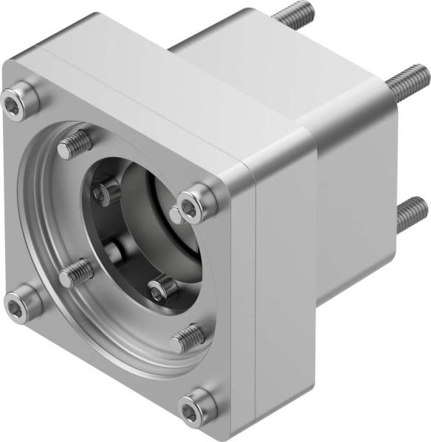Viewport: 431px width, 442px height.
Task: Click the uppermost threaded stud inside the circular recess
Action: pos(75,144)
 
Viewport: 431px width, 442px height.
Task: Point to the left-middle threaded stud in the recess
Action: pos(76,275)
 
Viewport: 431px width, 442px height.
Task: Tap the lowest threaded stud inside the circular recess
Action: pos(188,338)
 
